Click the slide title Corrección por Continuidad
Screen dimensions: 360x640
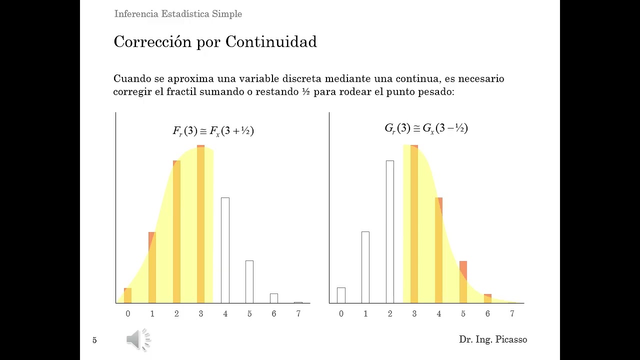tap(215, 42)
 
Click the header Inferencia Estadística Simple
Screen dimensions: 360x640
tap(178, 14)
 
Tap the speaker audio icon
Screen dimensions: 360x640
tap(138, 340)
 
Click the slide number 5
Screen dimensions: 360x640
tap(94, 340)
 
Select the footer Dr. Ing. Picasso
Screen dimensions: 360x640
tap(492, 340)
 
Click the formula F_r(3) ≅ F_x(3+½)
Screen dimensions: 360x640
tap(213, 131)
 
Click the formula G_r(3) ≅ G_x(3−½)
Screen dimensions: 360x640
tap(426, 128)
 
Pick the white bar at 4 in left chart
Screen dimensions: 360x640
tap(225, 250)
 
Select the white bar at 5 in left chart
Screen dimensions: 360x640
tap(249, 281)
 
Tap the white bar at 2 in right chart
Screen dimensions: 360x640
tap(389, 231)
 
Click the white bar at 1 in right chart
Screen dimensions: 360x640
tap(365, 267)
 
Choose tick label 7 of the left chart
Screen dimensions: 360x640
tap(298, 314)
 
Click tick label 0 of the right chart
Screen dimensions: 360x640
tap(341, 314)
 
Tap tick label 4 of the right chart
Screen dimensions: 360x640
tap(438, 314)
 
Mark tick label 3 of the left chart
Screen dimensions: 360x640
tap(201, 314)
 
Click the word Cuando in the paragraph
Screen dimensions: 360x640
tap(128, 79)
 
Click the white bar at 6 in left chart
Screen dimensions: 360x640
tap(273, 298)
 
